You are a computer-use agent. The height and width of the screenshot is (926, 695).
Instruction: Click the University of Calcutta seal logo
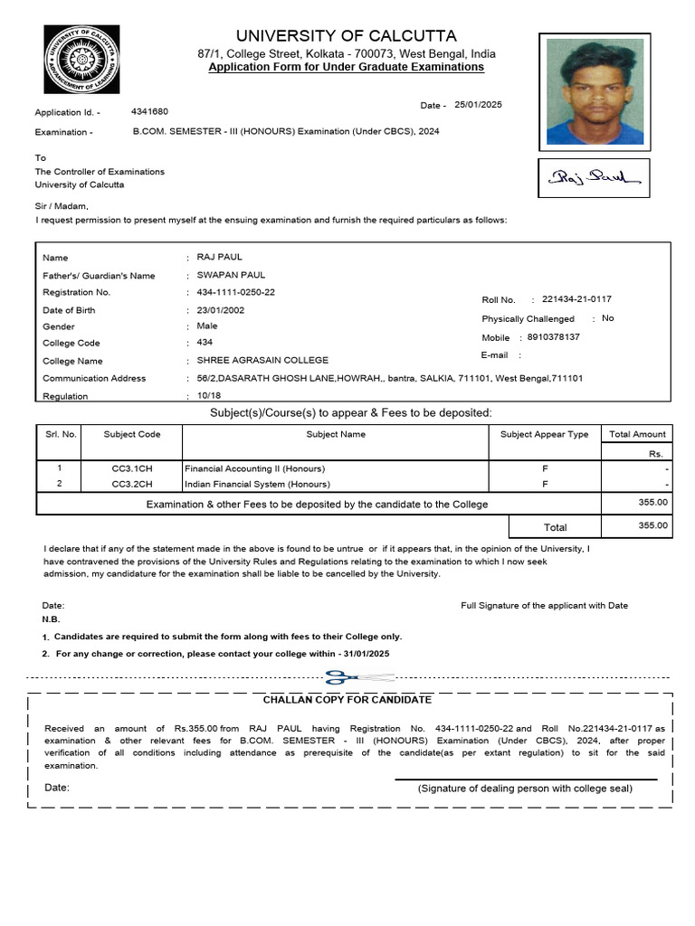[81, 61]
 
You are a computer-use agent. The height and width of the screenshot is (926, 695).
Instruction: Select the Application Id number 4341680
[149, 111]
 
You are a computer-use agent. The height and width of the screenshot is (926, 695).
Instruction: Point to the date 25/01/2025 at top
[478, 105]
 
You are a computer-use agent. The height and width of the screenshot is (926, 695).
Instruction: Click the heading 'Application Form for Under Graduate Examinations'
[346, 68]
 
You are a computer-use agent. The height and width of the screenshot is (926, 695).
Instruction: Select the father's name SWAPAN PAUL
[231, 275]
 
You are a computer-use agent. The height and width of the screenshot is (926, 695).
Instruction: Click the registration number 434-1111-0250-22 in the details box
[235, 292]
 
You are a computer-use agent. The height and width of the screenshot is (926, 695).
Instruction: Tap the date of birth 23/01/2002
[221, 309]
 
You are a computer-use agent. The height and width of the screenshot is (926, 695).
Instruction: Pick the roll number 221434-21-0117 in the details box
[582, 299]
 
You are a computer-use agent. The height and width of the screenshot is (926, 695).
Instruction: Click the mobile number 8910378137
[553, 337]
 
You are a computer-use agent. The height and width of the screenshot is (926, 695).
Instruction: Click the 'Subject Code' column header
[132, 434]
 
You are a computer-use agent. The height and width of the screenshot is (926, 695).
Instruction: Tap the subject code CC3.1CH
[132, 468]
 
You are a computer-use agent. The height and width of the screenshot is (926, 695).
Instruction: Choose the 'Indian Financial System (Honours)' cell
[257, 484]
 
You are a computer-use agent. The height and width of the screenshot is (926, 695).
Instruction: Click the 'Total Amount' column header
[637, 434]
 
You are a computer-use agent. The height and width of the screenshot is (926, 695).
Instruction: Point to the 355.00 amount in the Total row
[652, 525]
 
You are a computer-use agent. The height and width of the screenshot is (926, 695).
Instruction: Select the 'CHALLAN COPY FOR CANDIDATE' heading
[347, 700]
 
